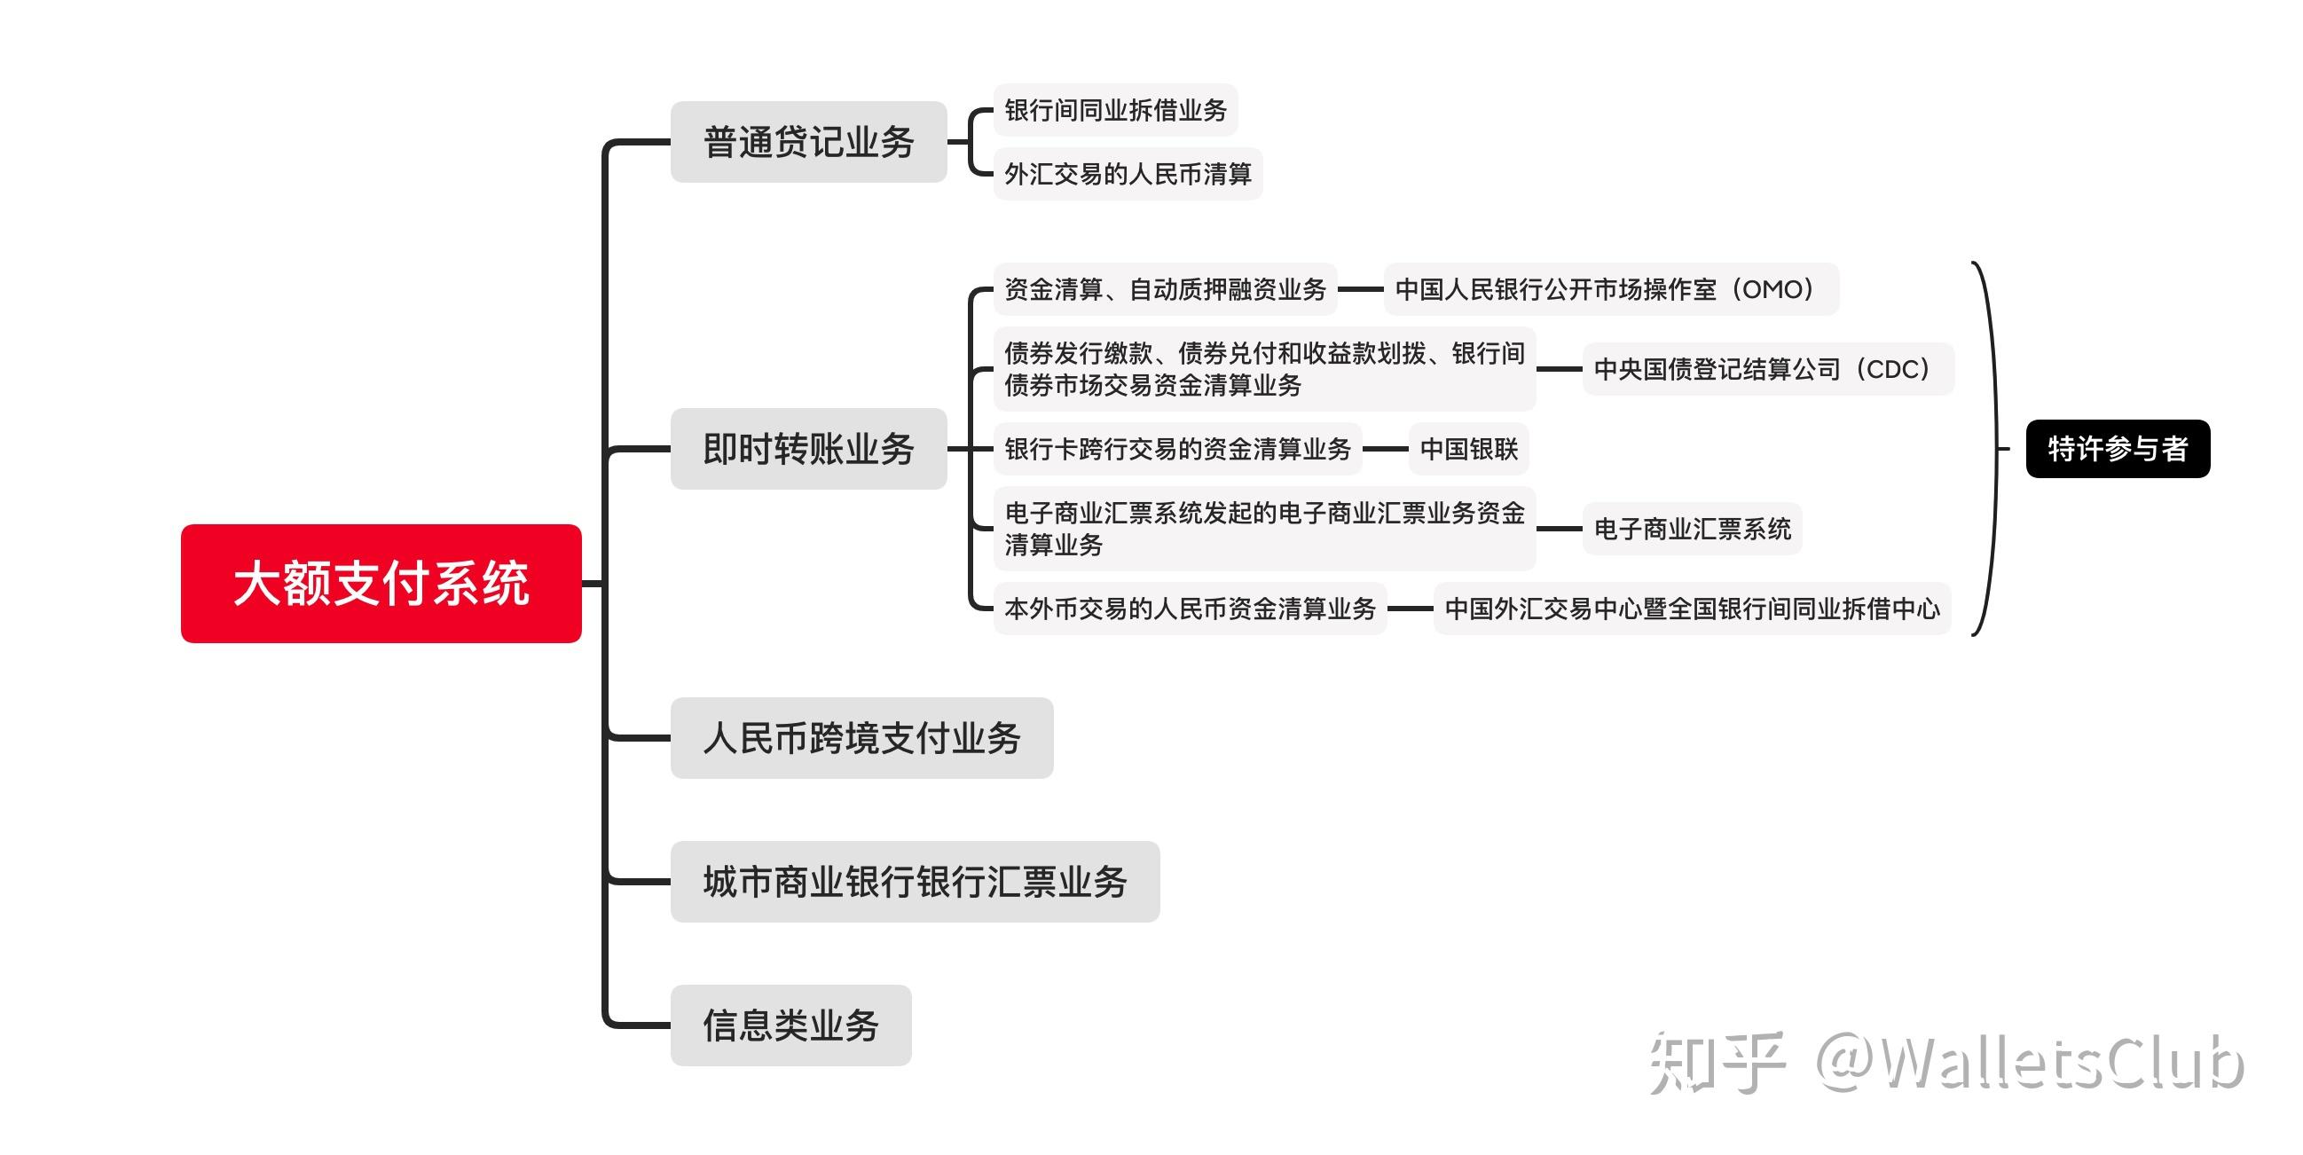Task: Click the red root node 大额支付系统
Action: tap(381, 583)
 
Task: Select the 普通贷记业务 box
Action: tap(808, 142)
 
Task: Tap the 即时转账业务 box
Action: tap(808, 449)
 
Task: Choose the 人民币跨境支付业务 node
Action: tap(861, 737)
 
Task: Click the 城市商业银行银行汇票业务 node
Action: tap(915, 882)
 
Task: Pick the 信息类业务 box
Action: tap(790, 1025)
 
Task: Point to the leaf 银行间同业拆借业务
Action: tap(1116, 110)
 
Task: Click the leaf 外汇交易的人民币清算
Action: tap(1128, 174)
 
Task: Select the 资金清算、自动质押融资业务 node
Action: tap(1165, 289)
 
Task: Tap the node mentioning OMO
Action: tap(1611, 289)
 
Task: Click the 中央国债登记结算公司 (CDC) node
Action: tap(1767, 368)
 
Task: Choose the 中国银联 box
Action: tap(1469, 449)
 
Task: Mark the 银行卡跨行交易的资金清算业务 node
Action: tap(1177, 449)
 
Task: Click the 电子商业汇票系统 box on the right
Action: tap(1692, 529)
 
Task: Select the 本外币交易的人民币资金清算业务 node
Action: tap(1190, 608)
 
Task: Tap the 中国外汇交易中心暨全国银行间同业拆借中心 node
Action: tap(1692, 608)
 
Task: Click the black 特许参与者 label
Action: tap(2118, 449)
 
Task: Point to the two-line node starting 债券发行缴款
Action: tap(1264, 368)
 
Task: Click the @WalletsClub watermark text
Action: tap(2030, 1062)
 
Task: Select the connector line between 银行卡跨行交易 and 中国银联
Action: tap(1386, 449)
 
